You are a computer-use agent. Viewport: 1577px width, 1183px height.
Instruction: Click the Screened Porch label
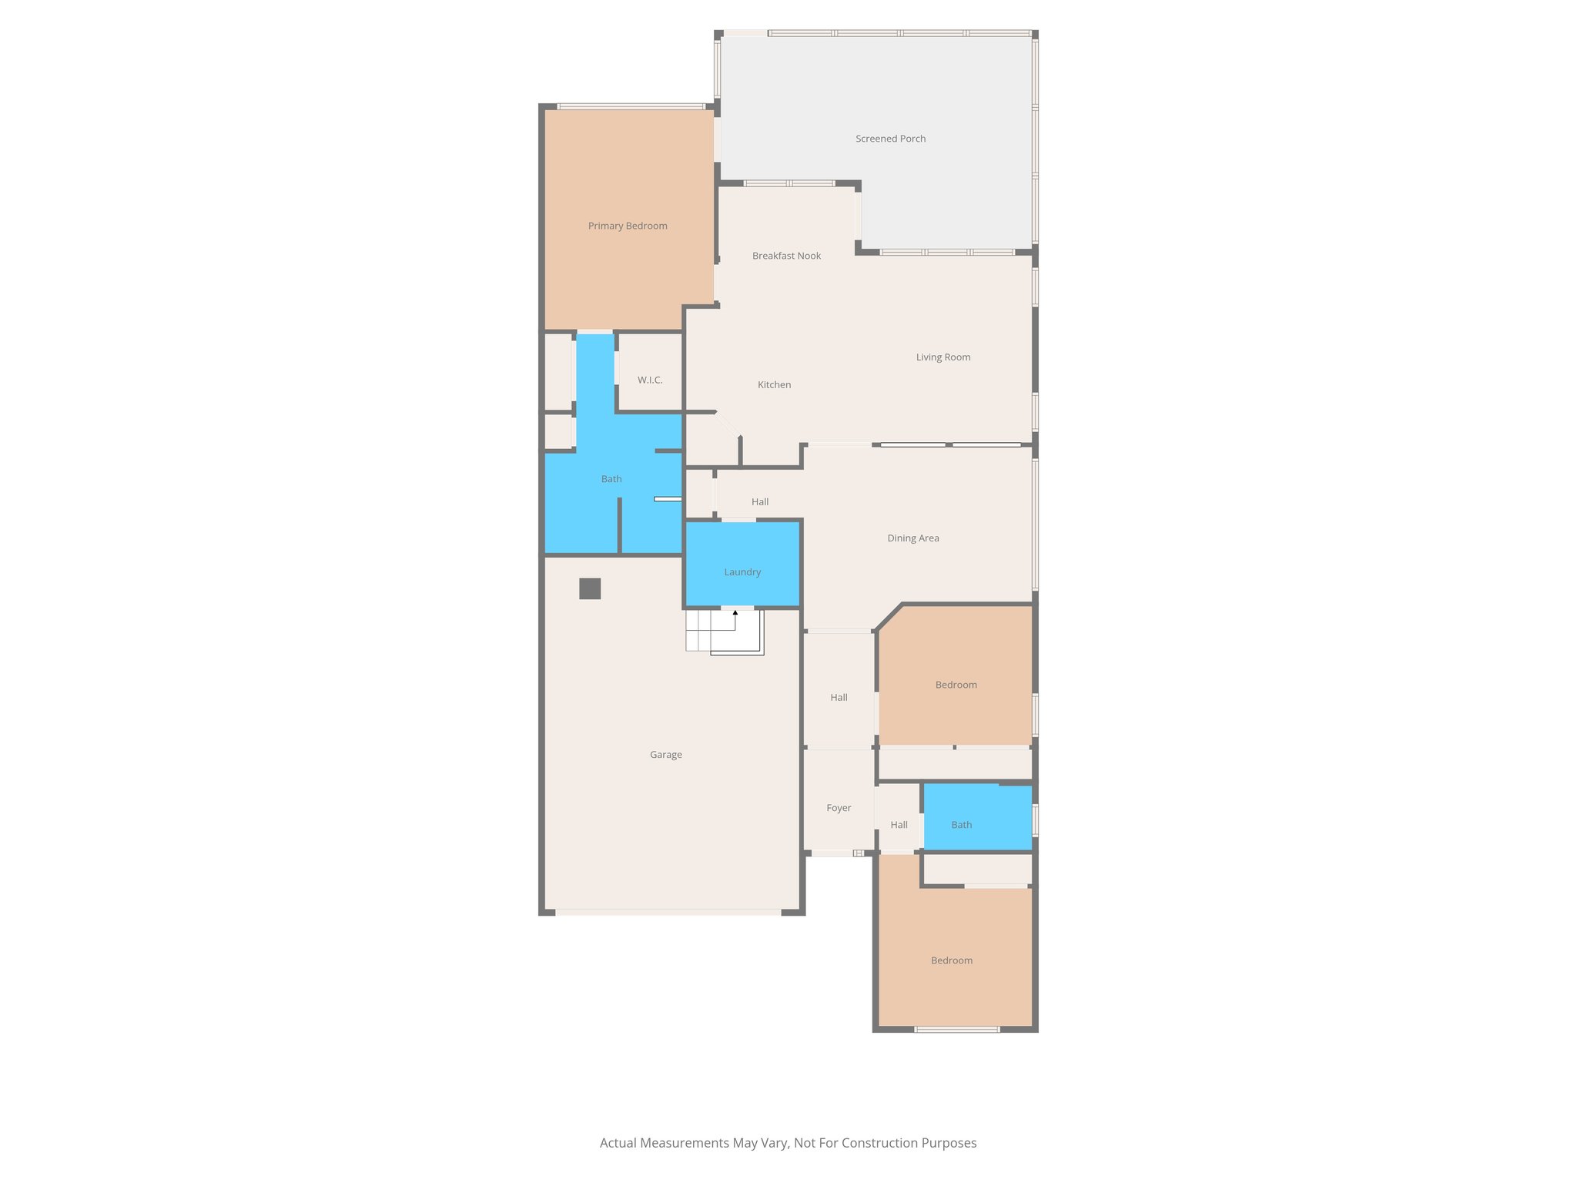pos(890,139)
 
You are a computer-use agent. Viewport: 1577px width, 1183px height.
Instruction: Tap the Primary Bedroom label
pos(628,226)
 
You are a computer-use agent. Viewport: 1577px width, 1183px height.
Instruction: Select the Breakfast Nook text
pos(786,256)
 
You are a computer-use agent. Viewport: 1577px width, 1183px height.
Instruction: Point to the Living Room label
pos(943,357)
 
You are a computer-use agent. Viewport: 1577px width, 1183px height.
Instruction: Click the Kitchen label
pos(774,385)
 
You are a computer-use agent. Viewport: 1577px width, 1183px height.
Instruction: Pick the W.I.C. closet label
pos(649,380)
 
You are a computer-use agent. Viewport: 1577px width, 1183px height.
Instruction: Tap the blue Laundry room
pos(742,572)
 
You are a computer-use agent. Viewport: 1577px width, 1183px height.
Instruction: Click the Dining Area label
pos(912,538)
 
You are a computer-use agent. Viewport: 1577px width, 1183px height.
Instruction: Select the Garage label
pos(665,755)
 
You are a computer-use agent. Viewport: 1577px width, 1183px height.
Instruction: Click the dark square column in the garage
pos(590,588)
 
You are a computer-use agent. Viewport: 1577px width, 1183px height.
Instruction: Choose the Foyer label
pos(839,808)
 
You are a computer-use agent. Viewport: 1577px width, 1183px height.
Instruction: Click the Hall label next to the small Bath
pos(899,825)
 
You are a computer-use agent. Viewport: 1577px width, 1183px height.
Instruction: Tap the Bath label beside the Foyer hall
pos(961,825)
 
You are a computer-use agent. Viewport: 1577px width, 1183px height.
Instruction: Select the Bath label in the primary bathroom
pos(611,479)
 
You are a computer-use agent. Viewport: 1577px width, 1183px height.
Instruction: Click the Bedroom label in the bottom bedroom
pos(951,960)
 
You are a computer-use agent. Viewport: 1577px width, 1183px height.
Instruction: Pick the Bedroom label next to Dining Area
pos(956,685)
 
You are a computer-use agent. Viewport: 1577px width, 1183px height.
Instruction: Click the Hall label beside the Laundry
pos(760,502)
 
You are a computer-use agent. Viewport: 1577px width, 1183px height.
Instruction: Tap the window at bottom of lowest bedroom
pos(956,1029)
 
